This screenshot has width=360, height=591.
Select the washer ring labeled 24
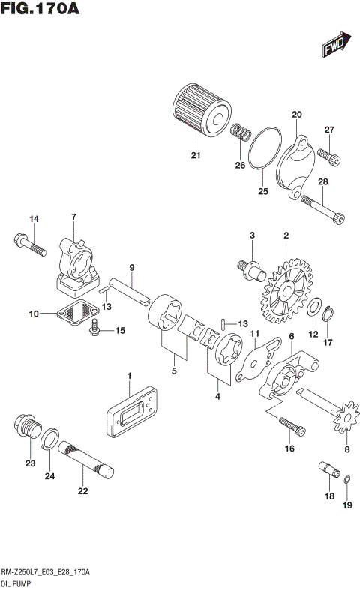click(50, 442)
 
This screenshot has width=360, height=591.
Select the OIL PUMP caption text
click(18, 582)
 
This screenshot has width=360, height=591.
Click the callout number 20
click(296, 115)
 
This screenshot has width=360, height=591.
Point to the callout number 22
click(82, 491)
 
